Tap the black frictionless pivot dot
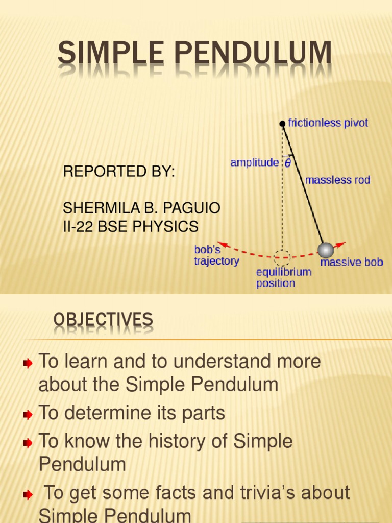[x=282, y=123]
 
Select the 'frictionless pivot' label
[x=328, y=123]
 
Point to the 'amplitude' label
[x=254, y=163]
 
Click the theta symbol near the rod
[x=288, y=163]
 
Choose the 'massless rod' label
[x=337, y=180]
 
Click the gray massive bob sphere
[x=325, y=250]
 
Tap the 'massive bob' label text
[x=351, y=263]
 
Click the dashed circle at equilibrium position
[x=281, y=256]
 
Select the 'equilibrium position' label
[x=283, y=277]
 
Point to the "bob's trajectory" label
[x=216, y=255]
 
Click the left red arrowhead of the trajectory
[x=220, y=244]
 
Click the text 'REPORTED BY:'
[x=118, y=172]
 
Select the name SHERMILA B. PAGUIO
[x=141, y=208]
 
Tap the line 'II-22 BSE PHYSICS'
[x=130, y=226]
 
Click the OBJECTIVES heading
[x=103, y=320]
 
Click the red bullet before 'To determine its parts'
[x=28, y=414]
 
